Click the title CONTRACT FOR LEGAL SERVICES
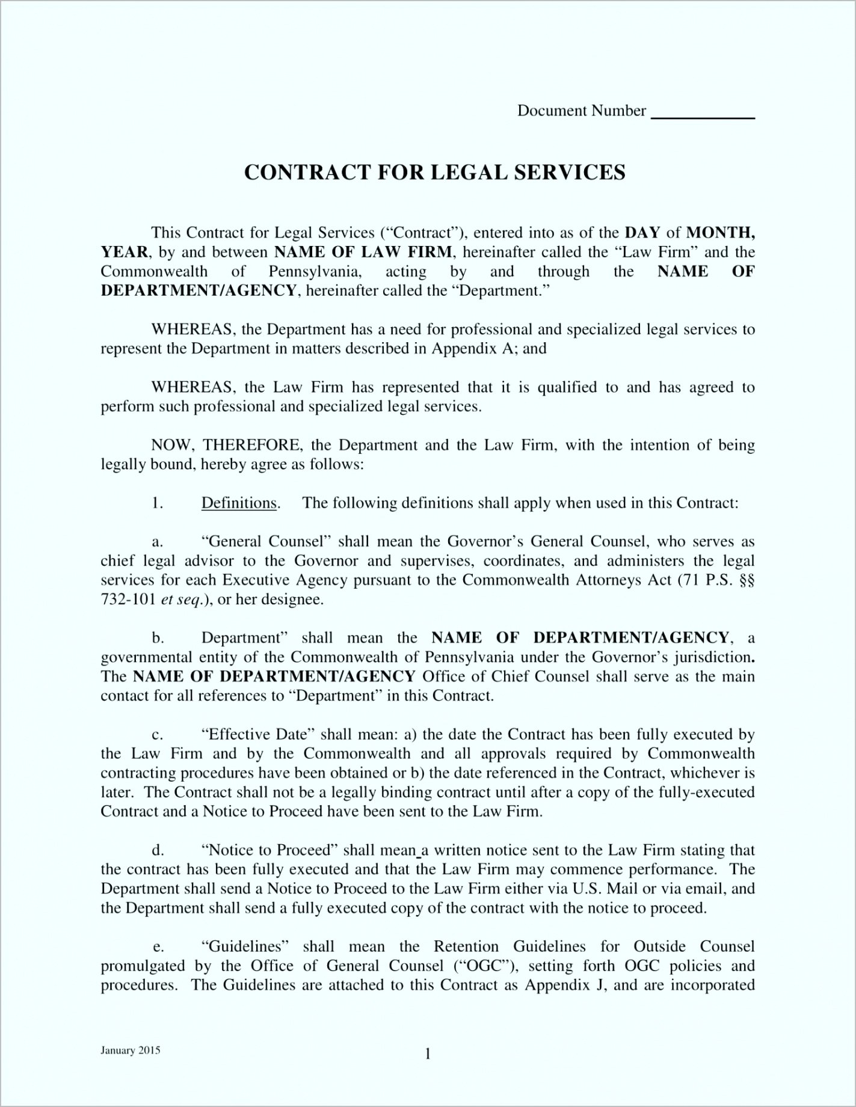434,172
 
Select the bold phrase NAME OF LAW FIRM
363,252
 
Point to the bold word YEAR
125,252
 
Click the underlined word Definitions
239,503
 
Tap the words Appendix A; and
489,349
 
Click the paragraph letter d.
158,850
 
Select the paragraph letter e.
158,947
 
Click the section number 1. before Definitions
158,503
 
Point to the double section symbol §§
746,580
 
